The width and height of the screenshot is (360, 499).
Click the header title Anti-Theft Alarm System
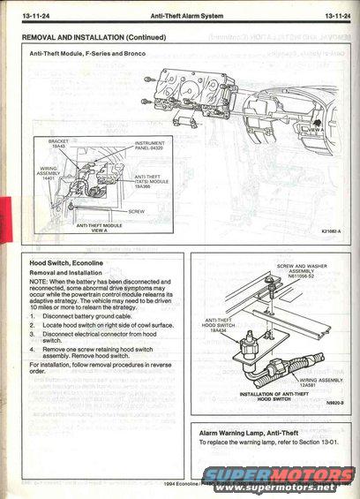click(x=180, y=15)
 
